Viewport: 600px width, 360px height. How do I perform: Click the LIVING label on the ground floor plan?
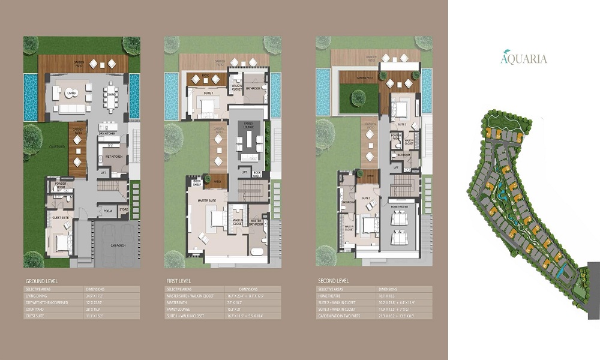click(71, 94)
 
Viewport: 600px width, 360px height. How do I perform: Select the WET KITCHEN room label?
click(114, 156)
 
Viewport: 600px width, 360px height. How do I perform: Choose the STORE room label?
click(124, 210)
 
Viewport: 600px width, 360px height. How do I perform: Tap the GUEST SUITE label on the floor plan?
click(59, 218)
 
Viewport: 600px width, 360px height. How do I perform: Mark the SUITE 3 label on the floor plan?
click(401, 124)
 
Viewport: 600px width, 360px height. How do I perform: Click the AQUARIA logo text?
click(524, 58)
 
